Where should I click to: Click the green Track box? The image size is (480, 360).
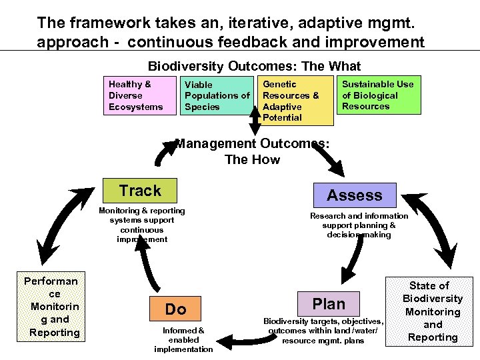[x=140, y=191]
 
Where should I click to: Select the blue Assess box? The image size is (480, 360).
[x=354, y=195]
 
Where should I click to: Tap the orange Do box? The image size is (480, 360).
[x=175, y=309]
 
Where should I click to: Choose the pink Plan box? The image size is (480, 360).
[x=329, y=304]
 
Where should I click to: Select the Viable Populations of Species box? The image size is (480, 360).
[x=217, y=95]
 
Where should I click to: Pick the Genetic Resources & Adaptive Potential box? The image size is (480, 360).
[x=295, y=101]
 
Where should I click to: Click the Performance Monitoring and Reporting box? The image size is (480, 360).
[x=51, y=307]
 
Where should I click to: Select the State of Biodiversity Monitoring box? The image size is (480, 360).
[x=433, y=311]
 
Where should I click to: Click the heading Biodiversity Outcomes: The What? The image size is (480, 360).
[x=254, y=66]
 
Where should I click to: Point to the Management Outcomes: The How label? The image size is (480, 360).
[x=252, y=151]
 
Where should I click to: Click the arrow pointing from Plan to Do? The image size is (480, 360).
[x=240, y=341]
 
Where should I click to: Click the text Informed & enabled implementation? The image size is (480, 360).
[x=183, y=339]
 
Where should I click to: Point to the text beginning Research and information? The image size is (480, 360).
[x=359, y=225]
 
